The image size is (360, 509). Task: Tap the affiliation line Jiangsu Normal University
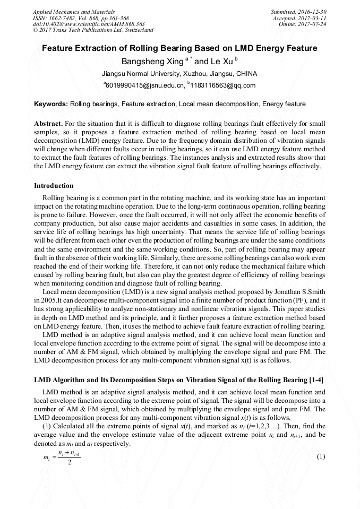[x=179, y=74]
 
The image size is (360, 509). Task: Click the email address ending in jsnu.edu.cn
[x=144, y=85]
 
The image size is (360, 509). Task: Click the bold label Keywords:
[x=51, y=104]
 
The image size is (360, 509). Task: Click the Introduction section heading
[x=54, y=186]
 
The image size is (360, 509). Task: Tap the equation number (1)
[x=320, y=456]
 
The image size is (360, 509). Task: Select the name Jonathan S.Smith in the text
[x=298, y=292]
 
